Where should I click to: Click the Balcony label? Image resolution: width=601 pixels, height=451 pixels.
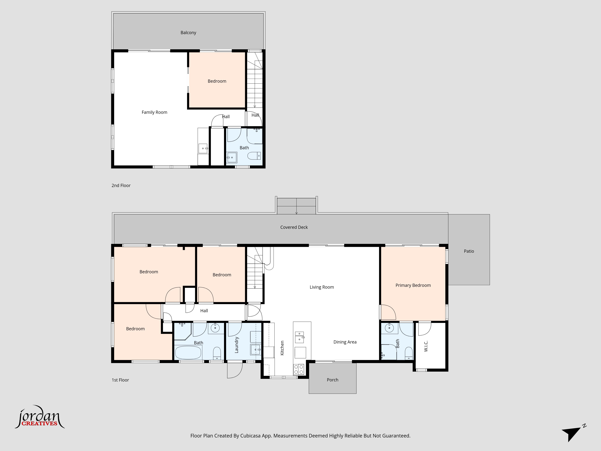188,33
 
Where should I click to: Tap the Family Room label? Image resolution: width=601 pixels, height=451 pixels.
154,112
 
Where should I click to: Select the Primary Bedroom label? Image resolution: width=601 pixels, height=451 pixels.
413,285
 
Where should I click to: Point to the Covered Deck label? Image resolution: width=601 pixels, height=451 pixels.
294,227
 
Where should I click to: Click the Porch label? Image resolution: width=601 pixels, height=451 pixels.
333,380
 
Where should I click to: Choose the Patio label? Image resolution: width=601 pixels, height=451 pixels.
469,251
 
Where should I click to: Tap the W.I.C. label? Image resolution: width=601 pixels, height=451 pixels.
426,346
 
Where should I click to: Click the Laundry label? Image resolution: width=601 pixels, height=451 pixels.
236,345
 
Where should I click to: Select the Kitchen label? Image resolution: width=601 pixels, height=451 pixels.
282,348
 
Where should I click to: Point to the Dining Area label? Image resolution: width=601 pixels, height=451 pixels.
345,342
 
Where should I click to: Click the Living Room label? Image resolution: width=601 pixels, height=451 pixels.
322,287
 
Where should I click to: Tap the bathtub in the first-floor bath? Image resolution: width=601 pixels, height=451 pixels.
188,353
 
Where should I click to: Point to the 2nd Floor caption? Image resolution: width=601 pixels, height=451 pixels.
121,185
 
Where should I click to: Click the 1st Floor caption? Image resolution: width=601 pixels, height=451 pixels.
120,380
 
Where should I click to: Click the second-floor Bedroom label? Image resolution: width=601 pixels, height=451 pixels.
217,81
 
